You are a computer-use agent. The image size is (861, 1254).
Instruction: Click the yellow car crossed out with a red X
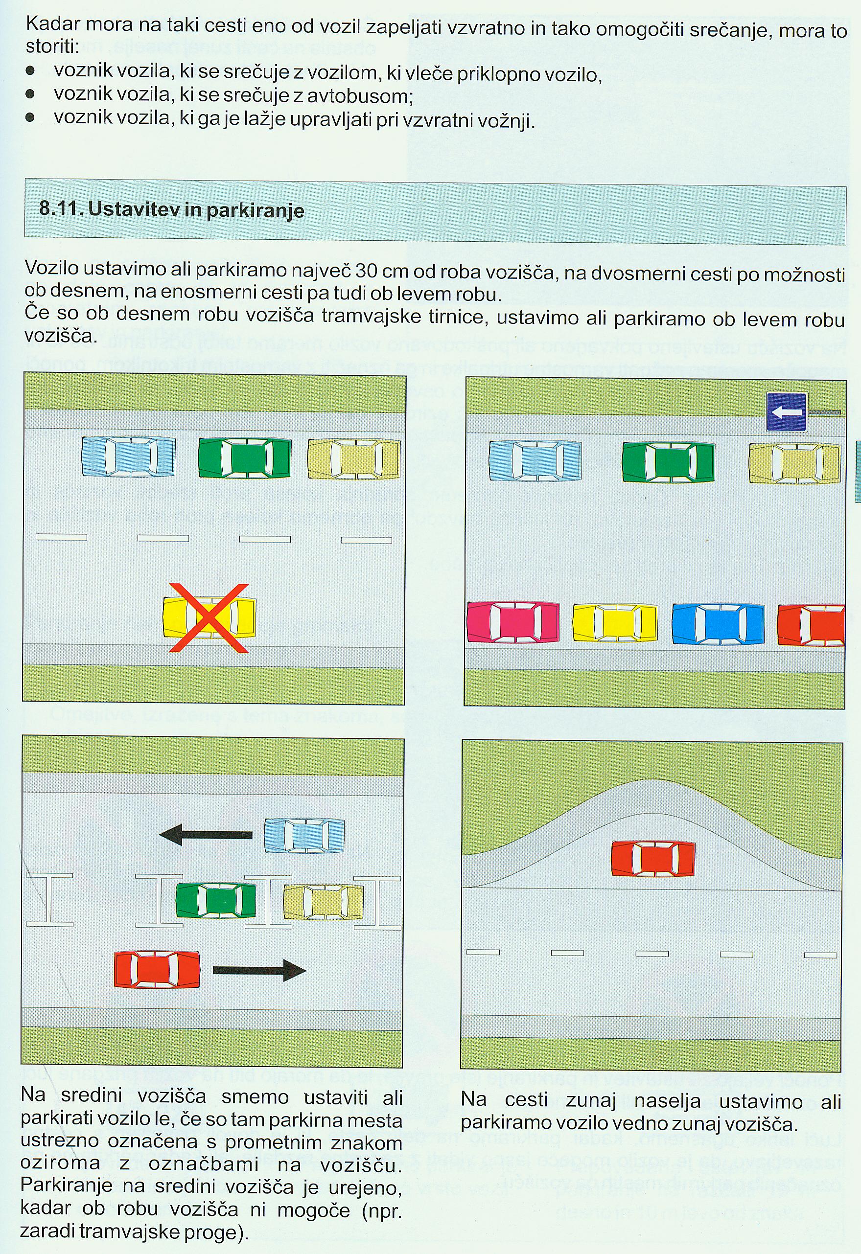coord(209,618)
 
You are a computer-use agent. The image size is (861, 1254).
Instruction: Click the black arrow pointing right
coord(259,970)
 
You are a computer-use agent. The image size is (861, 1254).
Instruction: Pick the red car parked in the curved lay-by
coord(652,859)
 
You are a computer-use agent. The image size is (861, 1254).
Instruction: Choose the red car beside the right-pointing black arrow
coord(157,970)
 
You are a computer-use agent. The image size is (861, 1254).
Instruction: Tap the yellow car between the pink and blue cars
coord(615,623)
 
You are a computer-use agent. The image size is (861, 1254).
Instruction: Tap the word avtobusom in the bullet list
coord(360,96)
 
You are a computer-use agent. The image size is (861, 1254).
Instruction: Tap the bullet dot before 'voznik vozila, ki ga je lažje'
coord(31,116)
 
